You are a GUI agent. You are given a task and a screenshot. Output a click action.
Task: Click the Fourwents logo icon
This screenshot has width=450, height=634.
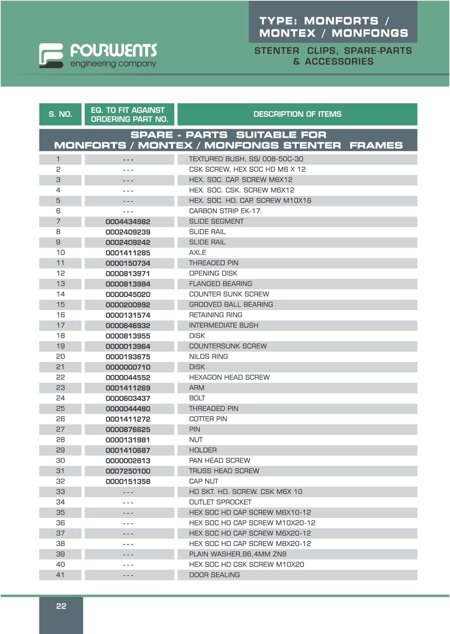(x=51, y=56)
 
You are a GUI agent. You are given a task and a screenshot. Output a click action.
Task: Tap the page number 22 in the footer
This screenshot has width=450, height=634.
(x=61, y=606)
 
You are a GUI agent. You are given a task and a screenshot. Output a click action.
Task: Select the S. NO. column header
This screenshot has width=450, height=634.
(x=61, y=114)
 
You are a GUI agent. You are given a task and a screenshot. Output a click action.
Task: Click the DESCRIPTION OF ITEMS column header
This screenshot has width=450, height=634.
(x=297, y=114)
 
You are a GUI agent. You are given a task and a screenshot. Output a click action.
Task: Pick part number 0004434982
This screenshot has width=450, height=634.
(x=128, y=222)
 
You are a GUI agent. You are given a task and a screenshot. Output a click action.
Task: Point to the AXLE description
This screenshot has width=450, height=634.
(x=198, y=253)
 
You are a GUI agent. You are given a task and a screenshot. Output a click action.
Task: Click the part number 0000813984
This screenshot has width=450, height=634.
(x=128, y=284)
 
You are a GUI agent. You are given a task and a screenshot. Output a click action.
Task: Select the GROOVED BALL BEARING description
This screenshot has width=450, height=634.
(x=231, y=305)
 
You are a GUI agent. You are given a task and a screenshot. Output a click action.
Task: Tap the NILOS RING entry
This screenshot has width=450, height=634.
(x=209, y=357)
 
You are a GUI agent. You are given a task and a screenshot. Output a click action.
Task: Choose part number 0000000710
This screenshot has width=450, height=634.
(x=128, y=367)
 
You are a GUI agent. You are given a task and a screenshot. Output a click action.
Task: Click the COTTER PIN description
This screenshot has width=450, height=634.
(x=208, y=419)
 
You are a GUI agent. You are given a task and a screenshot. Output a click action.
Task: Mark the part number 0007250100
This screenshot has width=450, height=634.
(x=128, y=471)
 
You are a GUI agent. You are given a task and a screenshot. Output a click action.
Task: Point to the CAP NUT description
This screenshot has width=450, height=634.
(x=204, y=481)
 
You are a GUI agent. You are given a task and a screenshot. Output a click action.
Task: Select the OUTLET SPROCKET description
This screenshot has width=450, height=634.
(x=220, y=502)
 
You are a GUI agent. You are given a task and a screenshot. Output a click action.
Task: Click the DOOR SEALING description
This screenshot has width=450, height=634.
(x=215, y=575)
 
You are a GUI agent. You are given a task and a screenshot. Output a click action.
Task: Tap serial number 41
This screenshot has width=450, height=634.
(x=61, y=575)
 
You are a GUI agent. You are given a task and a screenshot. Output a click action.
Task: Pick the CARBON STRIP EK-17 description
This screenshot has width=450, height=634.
(x=226, y=211)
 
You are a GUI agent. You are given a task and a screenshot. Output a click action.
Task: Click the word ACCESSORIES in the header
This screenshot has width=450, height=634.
(x=339, y=62)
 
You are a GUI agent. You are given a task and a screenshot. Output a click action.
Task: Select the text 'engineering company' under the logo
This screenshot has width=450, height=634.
(x=113, y=64)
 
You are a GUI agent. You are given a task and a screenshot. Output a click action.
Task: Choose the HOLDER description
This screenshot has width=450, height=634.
(x=203, y=450)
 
